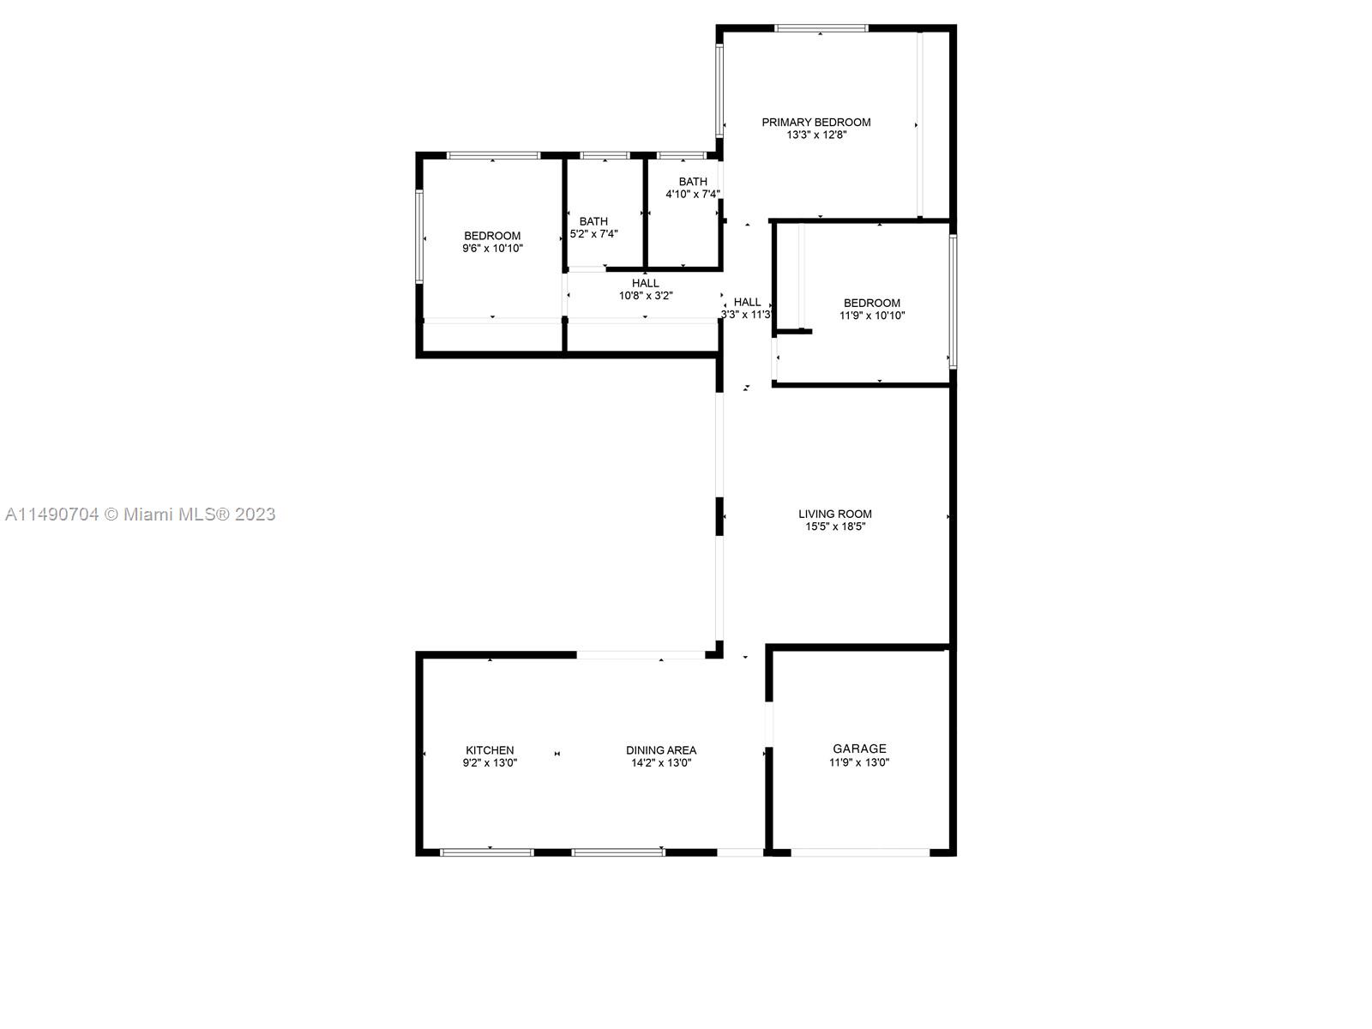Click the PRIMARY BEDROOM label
point(815,123)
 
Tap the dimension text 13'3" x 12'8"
point(816,135)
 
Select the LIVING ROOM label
point(834,514)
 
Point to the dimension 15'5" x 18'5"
point(835,527)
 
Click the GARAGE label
point(859,749)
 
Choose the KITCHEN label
point(490,750)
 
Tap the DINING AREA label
point(660,750)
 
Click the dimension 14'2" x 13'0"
point(660,763)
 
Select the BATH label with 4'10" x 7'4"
point(693,182)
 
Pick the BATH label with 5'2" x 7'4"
point(593,221)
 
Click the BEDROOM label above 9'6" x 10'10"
point(492,236)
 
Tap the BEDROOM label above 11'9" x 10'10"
point(872,304)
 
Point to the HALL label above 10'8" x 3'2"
point(645,284)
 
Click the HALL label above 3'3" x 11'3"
point(747,303)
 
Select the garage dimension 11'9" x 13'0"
point(859,762)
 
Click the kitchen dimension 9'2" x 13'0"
point(490,763)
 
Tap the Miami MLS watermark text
point(140,514)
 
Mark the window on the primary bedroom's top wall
point(821,28)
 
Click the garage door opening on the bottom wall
point(860,852)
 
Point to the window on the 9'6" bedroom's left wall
point(419,236)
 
